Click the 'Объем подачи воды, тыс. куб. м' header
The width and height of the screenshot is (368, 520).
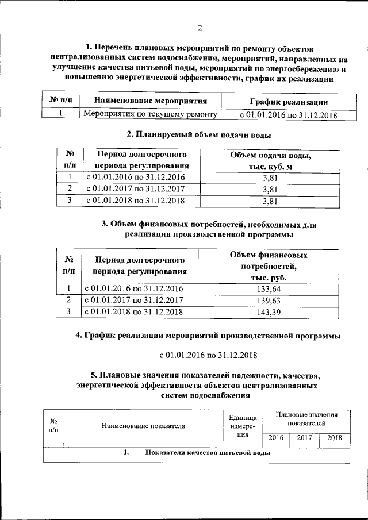270,161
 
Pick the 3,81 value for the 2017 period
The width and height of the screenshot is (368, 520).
270,188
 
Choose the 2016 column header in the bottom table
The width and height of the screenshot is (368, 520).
276,438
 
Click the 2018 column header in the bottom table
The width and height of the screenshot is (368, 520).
334,438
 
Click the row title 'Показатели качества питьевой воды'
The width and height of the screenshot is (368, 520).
208,453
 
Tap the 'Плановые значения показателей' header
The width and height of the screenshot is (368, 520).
306,418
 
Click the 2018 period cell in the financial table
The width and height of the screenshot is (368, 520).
133,311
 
